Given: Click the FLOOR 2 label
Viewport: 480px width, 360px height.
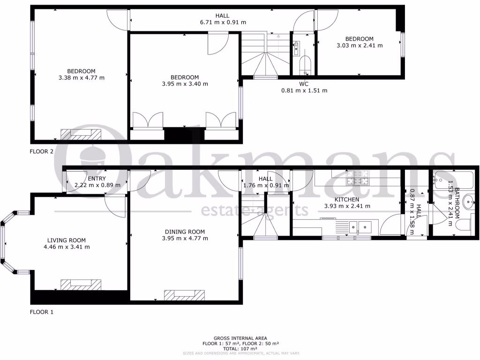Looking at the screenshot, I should coord(42,151).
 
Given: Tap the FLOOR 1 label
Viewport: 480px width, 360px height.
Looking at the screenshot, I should coord(42,312).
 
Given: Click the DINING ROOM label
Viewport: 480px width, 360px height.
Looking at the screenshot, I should coord(185,232).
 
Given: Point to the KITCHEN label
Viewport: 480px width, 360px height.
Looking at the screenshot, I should coord(347,200).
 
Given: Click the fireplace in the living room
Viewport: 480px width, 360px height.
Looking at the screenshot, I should coord(80,285).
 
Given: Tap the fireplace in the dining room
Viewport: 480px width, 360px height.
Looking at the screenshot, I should coord(185,295).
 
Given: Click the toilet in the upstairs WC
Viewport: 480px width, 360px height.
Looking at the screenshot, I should coord(305,64).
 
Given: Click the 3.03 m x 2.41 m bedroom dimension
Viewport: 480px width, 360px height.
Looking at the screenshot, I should coord(360,45).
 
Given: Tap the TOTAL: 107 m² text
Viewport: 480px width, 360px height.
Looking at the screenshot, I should coord(240,349).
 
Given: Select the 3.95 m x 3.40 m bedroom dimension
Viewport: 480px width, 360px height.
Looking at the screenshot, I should coord(185,84).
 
